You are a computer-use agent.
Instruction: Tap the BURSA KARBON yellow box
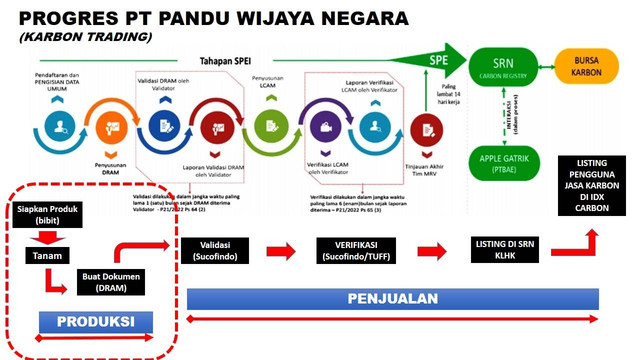pos(594,70)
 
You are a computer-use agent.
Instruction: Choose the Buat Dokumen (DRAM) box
pos(113,281)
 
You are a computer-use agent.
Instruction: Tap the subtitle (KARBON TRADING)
pos(85,37)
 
